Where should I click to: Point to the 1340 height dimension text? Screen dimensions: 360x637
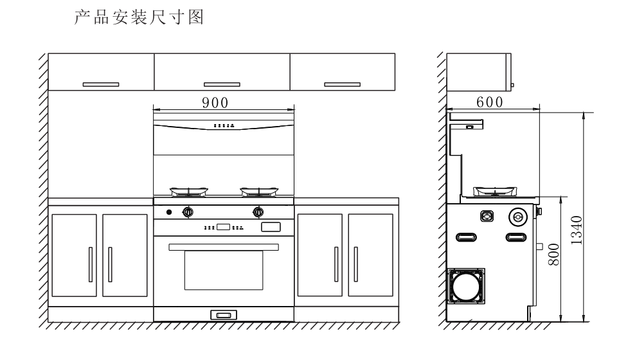coord(576,230)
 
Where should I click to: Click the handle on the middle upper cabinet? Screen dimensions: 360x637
coord(222,84)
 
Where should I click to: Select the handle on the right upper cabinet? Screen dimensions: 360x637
coord(342,84)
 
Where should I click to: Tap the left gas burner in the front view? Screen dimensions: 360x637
coord(188,191)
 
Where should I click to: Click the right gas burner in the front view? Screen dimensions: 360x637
coord(259,191)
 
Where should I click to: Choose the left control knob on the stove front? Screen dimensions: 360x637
coord(188,211)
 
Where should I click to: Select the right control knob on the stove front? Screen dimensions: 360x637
coord(258,211)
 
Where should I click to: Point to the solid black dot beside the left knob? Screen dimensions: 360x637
coord(169,212)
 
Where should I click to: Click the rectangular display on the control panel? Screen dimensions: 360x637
coord(224,227)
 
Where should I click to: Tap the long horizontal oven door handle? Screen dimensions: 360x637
coord(223,247)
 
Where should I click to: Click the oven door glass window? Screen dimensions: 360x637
coord(223,270)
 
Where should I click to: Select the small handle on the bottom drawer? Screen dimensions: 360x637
coord(223,314)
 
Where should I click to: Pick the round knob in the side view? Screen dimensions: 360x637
coord(517,216)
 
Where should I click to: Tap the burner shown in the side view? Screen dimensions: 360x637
coord(494,191)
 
